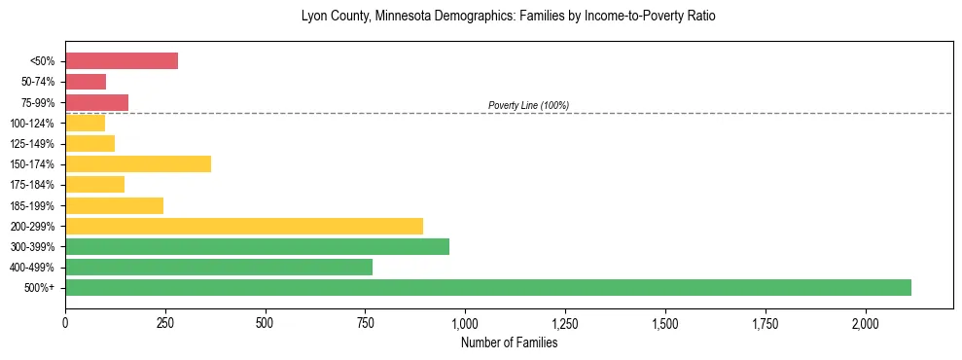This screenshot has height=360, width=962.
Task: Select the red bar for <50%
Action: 122,61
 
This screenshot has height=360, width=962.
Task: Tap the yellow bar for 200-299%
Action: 244,226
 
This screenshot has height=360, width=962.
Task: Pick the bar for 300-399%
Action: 257,246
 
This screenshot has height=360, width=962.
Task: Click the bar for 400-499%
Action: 219,267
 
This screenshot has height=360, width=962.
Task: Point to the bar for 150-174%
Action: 138,163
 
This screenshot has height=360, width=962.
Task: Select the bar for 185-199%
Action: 114,205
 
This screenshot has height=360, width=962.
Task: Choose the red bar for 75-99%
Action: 96,102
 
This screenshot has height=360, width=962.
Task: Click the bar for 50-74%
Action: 86,82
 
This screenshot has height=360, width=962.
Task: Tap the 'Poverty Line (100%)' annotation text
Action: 528,105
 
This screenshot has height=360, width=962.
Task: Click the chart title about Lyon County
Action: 508,17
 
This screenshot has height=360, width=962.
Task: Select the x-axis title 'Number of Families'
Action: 509,342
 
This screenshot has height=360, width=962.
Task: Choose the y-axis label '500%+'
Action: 40,288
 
